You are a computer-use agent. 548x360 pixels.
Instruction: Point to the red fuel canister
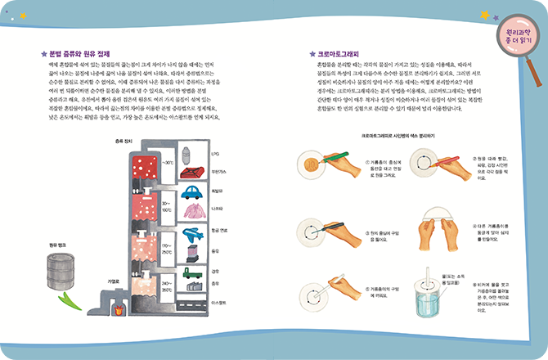[x=195, y=172]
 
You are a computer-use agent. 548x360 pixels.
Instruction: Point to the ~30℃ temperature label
[x=168, y=162]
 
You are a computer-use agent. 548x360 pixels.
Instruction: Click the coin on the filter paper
[x=312, y=164]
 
